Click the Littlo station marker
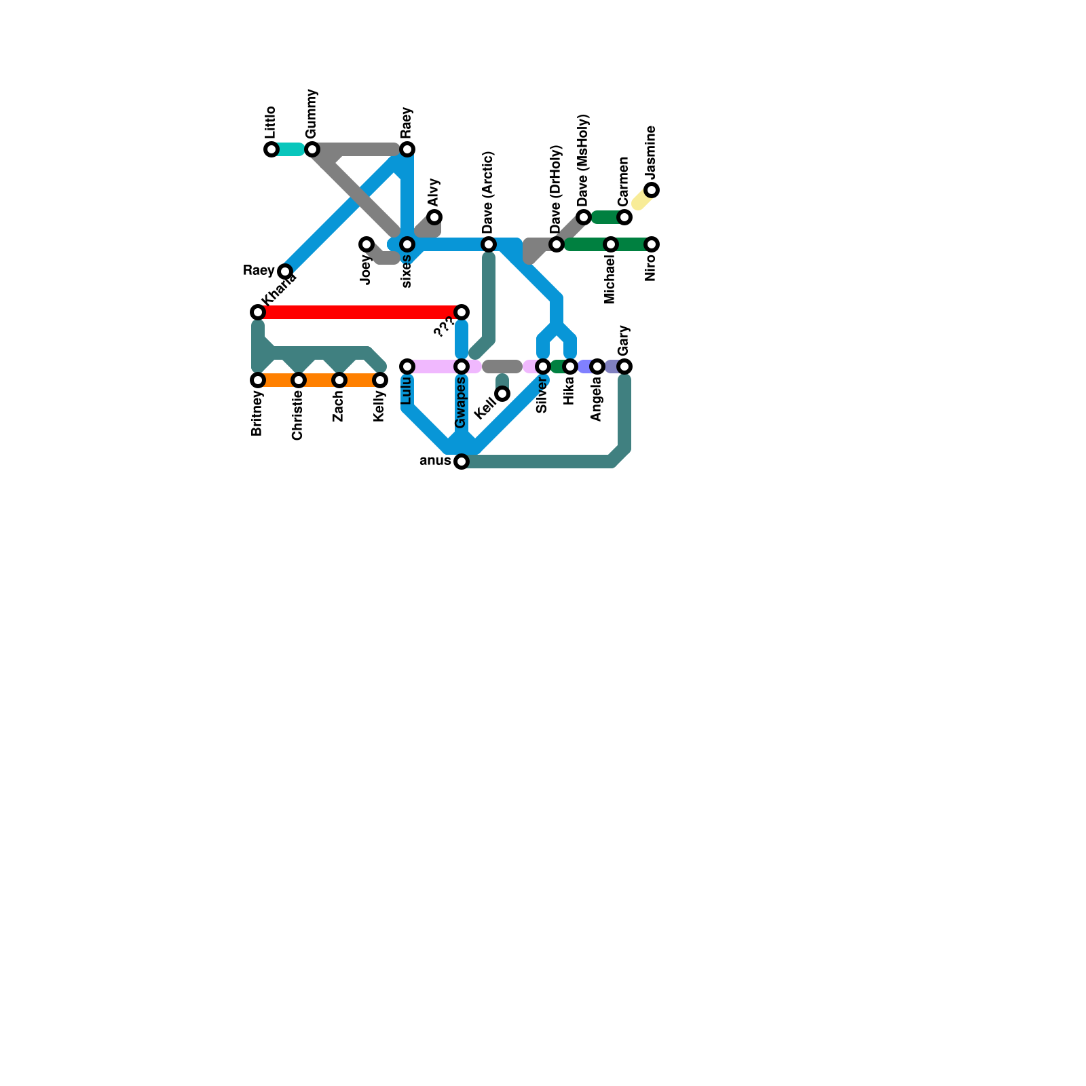click(271, 149)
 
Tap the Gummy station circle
click(312, 149)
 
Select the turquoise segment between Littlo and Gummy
click(291, 149)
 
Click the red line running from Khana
click(360, 312)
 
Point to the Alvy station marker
click(434, 217)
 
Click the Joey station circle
click(367, 244)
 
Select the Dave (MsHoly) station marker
click(584, 217)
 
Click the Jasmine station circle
click(652, 190)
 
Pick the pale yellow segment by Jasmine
click(641, 200)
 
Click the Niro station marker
click(652, 244)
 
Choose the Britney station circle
click(258, 380)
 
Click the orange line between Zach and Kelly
click(360, 380)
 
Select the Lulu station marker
click(407, 367)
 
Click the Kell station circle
click(502, 394)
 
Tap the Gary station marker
click(624, 367)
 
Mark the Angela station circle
click(597, 367)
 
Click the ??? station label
click(443, 328)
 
